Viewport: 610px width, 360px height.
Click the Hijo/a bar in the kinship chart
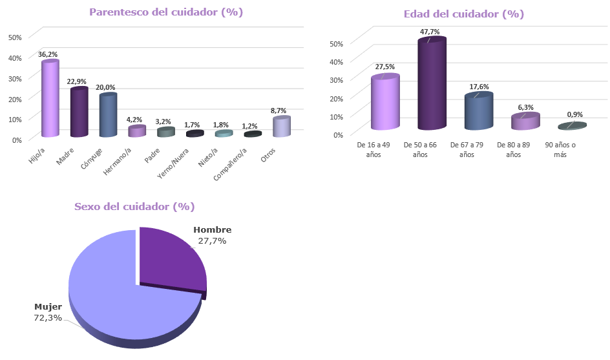click(x=50, y=99)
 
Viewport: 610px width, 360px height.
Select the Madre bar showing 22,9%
click(x=79, y=112)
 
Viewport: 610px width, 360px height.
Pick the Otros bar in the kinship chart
click(x=281, y=127)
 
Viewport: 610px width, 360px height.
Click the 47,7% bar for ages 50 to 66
click(x=432, y=84)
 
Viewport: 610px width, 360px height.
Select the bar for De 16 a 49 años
click(x=384, y=103)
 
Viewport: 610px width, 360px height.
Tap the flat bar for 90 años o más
click(x=572, y=126)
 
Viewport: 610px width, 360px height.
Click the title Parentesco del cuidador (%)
click(x=166, y=12)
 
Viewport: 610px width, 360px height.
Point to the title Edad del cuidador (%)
click(x=463, y=14)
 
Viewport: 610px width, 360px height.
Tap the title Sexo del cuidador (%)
click(x=134, y=207)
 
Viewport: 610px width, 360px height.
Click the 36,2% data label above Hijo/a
click(x=48, y=55)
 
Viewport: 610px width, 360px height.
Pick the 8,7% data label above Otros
click(x=279, y=111)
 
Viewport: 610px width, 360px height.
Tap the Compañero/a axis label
click(x=230, y=160)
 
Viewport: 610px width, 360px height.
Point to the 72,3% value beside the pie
click(x=48, y=317)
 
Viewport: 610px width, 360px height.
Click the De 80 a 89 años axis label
click(x=514, y=150)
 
